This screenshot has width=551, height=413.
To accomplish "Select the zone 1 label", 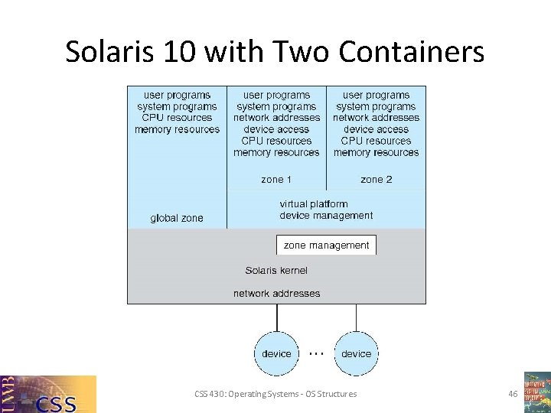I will point(276,179).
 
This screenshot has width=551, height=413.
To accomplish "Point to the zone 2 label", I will point(376,179).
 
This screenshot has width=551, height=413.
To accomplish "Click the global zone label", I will point(177,218).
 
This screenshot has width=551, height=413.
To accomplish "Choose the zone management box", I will point(326,246).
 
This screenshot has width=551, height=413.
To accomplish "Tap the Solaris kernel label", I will point(276,270).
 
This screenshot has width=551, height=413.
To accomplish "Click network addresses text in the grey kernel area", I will point(276,293).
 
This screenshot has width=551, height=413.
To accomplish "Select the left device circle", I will point(276,353).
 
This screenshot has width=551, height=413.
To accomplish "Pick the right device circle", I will point(356,353).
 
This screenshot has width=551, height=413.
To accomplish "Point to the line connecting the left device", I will point(276,317).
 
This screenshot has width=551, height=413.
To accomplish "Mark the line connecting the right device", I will point(356,317).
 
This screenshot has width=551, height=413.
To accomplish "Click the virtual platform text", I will point(313,204).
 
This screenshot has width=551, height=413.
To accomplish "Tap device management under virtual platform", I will point(326,216).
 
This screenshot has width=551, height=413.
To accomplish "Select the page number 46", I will point(513,394).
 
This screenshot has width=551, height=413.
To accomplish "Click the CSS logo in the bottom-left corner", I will point(48,394).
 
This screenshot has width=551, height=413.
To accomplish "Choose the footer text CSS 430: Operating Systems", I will point(275,394).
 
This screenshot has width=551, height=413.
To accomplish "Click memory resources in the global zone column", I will point(177,129).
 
